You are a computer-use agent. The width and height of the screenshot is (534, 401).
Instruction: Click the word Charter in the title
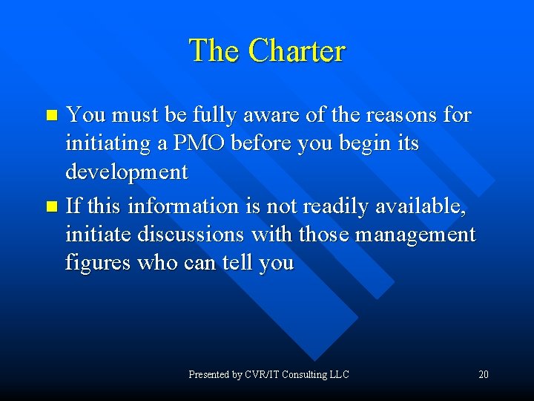coord(297,51)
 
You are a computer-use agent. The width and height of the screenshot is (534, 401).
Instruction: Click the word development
coord(127,172)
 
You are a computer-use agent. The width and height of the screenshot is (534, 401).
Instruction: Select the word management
coord(415,235)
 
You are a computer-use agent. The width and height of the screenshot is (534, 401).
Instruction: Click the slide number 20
coord(484,374)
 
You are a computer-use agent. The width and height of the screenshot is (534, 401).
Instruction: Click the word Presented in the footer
coord(208,374)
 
